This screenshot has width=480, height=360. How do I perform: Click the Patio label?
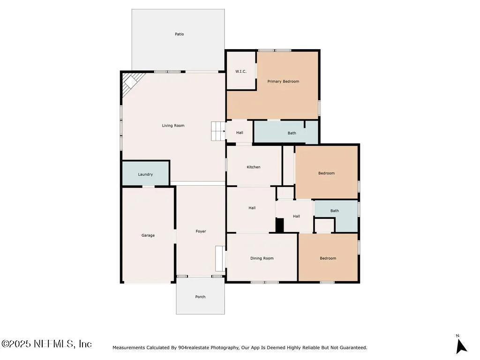coord(180,34)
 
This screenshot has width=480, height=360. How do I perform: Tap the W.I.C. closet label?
coord(241,71)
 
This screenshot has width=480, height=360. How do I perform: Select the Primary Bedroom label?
coord(283,82)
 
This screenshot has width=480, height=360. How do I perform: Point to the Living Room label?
coord(173,126)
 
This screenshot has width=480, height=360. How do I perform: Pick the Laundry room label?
coord(145,174)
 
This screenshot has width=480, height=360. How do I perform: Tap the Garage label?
coord(148,235)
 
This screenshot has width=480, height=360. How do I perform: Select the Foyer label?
coord(201,232)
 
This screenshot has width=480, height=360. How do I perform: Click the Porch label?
coord(201,297)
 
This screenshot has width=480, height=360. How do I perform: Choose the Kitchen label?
coord(254,167)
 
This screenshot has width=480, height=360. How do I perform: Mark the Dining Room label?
coord(262,258)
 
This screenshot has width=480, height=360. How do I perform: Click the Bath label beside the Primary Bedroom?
coord(292,133)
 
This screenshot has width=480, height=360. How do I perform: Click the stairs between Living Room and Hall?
coord(218,131)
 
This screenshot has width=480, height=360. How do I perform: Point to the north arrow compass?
coord(461,346)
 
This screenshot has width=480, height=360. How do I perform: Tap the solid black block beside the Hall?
coord(280,225)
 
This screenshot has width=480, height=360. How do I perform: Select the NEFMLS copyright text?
coord(46,344)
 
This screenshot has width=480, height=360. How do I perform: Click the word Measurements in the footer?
coord(128,348)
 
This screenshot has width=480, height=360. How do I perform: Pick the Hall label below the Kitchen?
coord(252,208)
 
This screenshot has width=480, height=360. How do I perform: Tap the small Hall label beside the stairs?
coord(240,133)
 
